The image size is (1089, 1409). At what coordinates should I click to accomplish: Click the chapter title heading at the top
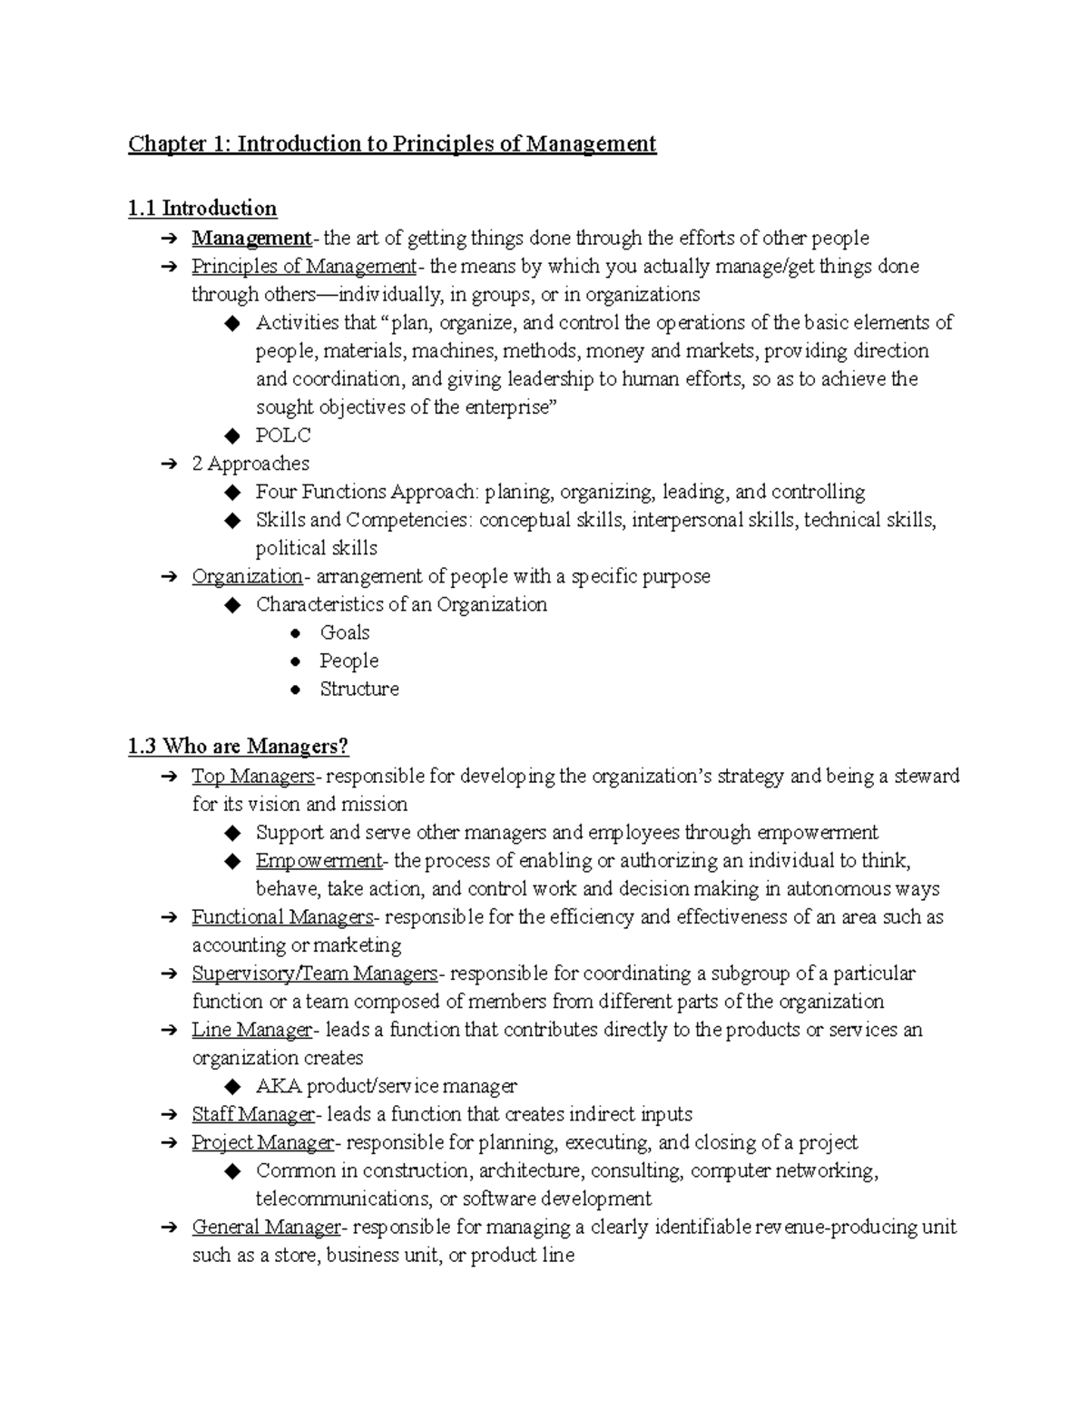(391, 144)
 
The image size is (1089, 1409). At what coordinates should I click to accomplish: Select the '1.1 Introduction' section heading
(202, 209)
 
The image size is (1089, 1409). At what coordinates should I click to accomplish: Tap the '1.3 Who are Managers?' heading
(238, 747)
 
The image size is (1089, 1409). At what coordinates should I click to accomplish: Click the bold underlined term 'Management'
(251, 239)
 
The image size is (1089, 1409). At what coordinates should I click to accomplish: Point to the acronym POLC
(283, 435)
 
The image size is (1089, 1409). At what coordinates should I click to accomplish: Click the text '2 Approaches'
(250, 464)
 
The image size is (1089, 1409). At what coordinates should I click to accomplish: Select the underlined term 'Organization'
(247, 576)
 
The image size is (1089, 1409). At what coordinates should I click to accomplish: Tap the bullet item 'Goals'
(345, 632)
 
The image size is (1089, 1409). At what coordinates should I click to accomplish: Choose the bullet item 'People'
(348, 660)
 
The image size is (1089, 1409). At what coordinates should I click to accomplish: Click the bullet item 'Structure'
(359, 689)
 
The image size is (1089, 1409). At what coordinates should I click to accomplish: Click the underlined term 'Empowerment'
(319, 860)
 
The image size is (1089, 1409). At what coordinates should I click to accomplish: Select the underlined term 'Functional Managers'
(282, 917)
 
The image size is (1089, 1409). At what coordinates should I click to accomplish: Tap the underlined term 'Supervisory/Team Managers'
(315, 974)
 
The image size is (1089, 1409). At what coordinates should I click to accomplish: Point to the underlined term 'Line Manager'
(251, 1030)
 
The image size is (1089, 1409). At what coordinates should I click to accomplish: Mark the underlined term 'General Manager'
(266, 1228)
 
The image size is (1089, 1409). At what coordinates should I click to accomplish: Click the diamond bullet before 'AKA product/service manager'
(233, 1087)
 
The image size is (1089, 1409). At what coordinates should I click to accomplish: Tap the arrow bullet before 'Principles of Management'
(168, 267)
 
